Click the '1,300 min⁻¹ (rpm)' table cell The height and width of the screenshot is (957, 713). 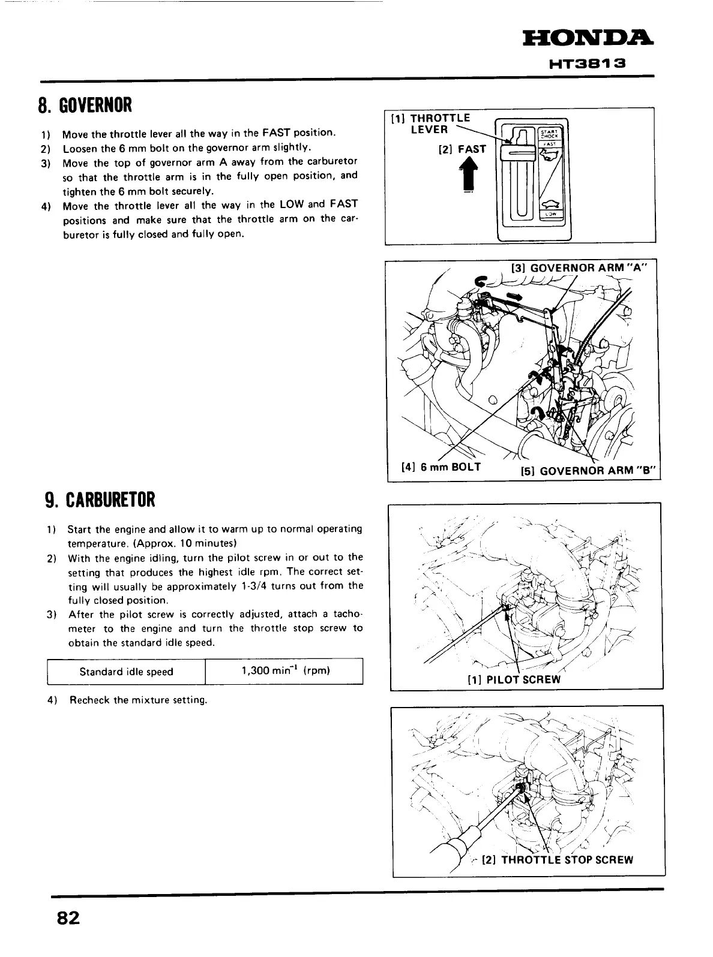point(285,671)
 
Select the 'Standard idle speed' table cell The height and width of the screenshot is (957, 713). point(126,672)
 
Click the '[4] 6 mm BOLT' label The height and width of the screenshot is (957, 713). point(441,467)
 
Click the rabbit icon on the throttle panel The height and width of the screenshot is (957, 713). point(549,155)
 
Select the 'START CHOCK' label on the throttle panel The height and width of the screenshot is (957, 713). point(549,133)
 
